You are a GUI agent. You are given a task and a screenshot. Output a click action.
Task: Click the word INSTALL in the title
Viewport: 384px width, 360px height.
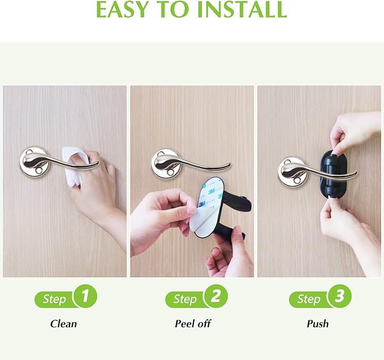(243, 10)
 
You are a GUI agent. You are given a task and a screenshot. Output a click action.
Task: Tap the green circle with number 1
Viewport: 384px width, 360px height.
(85, 296)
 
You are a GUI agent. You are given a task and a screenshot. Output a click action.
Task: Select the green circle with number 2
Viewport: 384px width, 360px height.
(215, 296)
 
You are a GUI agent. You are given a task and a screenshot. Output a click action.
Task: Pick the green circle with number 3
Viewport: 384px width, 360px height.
(339, 296)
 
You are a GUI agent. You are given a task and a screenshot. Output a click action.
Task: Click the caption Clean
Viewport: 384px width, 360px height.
(63, 324)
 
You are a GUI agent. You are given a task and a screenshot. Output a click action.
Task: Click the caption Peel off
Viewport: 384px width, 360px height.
(192, 324)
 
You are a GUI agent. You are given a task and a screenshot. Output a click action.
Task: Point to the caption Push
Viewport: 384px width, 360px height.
(318, 324)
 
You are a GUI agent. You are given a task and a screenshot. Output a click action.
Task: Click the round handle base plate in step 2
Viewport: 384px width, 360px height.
(165, 163)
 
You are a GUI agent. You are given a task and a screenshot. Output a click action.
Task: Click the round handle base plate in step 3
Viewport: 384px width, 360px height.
(291, 170)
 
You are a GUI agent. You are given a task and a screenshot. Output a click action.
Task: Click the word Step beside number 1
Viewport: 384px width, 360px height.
(54, 299)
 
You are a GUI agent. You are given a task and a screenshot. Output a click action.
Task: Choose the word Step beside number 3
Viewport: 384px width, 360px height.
(309, 299)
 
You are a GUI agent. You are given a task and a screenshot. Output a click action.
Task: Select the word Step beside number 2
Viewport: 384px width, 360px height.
(185, 299)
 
